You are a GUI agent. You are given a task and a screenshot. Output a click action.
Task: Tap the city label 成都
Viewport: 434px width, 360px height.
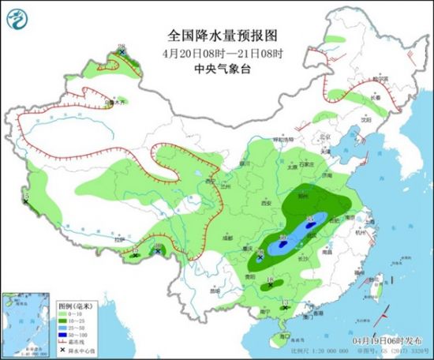[x=227, y=235]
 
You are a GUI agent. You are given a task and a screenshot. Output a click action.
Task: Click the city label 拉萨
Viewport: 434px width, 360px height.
[x=121, y=238]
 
